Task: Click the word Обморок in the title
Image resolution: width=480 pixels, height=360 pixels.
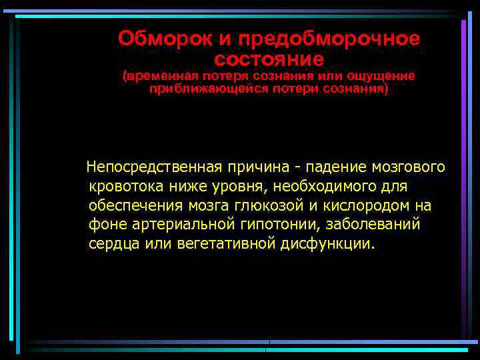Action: coord(157,39)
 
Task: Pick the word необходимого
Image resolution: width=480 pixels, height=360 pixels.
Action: coord(329,185)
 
